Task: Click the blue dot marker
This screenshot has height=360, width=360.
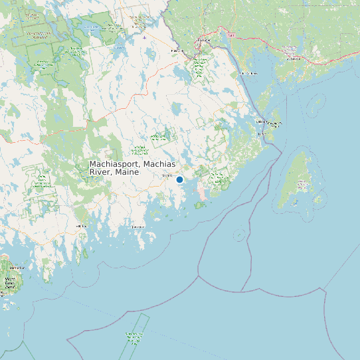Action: pos(179,179)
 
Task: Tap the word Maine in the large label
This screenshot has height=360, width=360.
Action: pos(126,172)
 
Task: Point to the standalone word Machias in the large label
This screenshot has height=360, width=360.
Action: pos(159,163)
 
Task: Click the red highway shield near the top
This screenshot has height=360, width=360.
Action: pos(230,35)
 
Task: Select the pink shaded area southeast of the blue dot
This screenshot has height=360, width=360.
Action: pos(203,193)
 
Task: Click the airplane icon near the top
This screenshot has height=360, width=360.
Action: pos(144,37)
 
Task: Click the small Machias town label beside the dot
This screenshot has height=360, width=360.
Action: pos(167,175)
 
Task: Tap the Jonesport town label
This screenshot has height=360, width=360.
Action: pos(137,226)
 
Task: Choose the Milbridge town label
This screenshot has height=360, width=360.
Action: pos(82,226)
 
